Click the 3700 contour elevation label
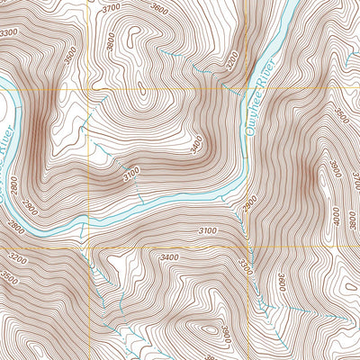click(x=111, y=8)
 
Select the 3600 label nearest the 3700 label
click(x=159, y=10)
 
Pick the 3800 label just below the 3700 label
click(x=111, y=40)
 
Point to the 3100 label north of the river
click(x=132, y=171)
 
